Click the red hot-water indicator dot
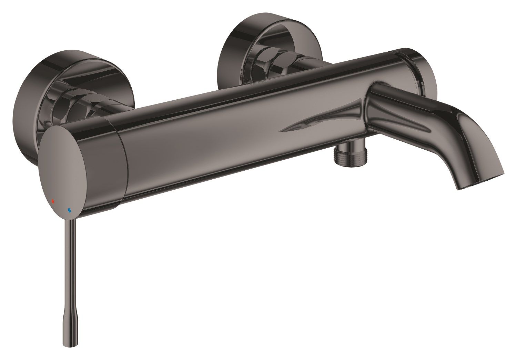(53, 200)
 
